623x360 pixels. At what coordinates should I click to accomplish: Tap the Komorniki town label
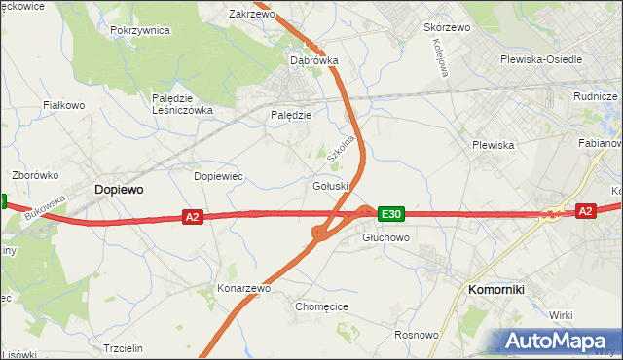pyautogui.click(x=496, y=290)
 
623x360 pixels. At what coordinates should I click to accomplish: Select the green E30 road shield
pyautogui.click(x=390, y=214)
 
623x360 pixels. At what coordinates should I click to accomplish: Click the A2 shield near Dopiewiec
pyautogui.click(x=192, y=218)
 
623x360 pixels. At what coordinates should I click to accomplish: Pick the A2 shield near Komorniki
pyautogui.click(x=584, y=211)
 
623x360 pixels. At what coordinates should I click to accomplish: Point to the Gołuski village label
pyautogui.click(x=331, y=186)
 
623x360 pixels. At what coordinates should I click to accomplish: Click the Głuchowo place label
pyautogui.click(x=385, y=237)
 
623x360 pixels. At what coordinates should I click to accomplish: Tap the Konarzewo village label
pyautogui.click(x=243, y=289)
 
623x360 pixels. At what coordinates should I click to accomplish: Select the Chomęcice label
pyautogui.click(x=321, y=306)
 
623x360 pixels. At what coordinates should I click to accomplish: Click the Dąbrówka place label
pyautogui.click(x=314, y=60)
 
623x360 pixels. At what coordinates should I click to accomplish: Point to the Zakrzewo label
pyautogui.click(x=252, y=15)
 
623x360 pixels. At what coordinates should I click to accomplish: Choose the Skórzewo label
pyautogui.click(x=447, y=27)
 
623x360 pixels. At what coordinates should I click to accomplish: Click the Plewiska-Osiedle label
pyautogui.click(x=540, y=59)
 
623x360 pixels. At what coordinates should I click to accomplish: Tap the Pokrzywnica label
pyautogui.click(x=140, y=30)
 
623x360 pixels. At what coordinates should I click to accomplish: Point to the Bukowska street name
pyautogui.click(x=46, y=207)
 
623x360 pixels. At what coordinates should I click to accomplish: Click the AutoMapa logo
pyautogui.click(x=561, y=341)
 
